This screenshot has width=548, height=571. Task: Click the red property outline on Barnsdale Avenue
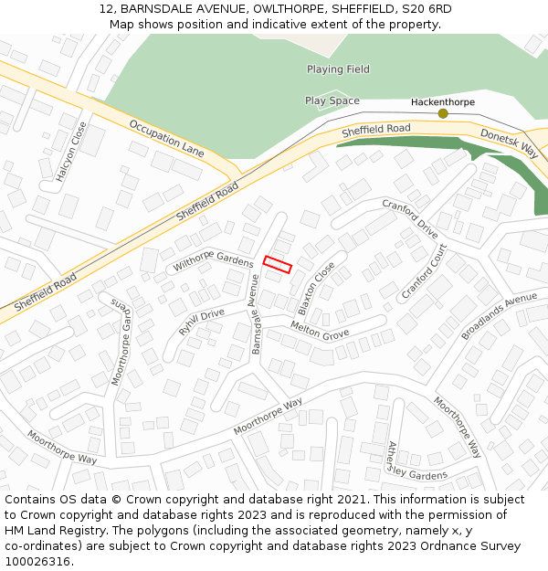278,265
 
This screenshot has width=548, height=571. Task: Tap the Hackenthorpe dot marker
443,113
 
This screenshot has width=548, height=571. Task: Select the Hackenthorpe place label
443,101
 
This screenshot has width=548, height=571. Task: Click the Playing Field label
338,69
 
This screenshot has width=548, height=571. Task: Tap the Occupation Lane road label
166,138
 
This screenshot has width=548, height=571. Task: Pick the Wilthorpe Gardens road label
213,259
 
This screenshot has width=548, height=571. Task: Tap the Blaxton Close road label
316,289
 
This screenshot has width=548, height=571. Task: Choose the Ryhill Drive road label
202,322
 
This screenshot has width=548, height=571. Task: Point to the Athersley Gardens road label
416,463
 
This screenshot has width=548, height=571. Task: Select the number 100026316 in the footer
37,561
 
